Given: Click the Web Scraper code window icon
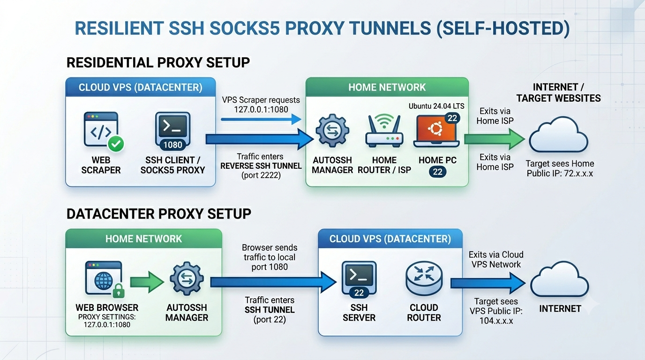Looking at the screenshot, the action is pos(101,129).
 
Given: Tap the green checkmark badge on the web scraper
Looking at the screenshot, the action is pos(116,144).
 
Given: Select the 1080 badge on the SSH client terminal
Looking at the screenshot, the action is pos(172,145).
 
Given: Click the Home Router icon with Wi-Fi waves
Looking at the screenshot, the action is pos(384,131).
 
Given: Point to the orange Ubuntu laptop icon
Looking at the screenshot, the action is pos(436,131).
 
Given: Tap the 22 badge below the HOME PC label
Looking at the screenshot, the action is pos(437,172).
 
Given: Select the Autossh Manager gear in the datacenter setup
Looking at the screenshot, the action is pos(187,278).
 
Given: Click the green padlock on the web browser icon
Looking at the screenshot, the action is pos(118,291).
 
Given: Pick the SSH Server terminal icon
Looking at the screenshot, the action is pos(359,278).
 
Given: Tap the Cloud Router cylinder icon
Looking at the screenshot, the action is pos(424,278).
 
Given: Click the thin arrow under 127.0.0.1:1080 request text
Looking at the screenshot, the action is pos(261,119).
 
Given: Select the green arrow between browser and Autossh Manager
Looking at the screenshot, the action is pos(147,282).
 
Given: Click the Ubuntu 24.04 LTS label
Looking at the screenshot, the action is pos(436,106).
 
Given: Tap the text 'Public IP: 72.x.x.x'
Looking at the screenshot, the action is pos(560,173).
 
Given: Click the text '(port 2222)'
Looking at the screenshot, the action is pos(261,175).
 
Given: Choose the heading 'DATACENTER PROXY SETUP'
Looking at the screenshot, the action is pos(158,214).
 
